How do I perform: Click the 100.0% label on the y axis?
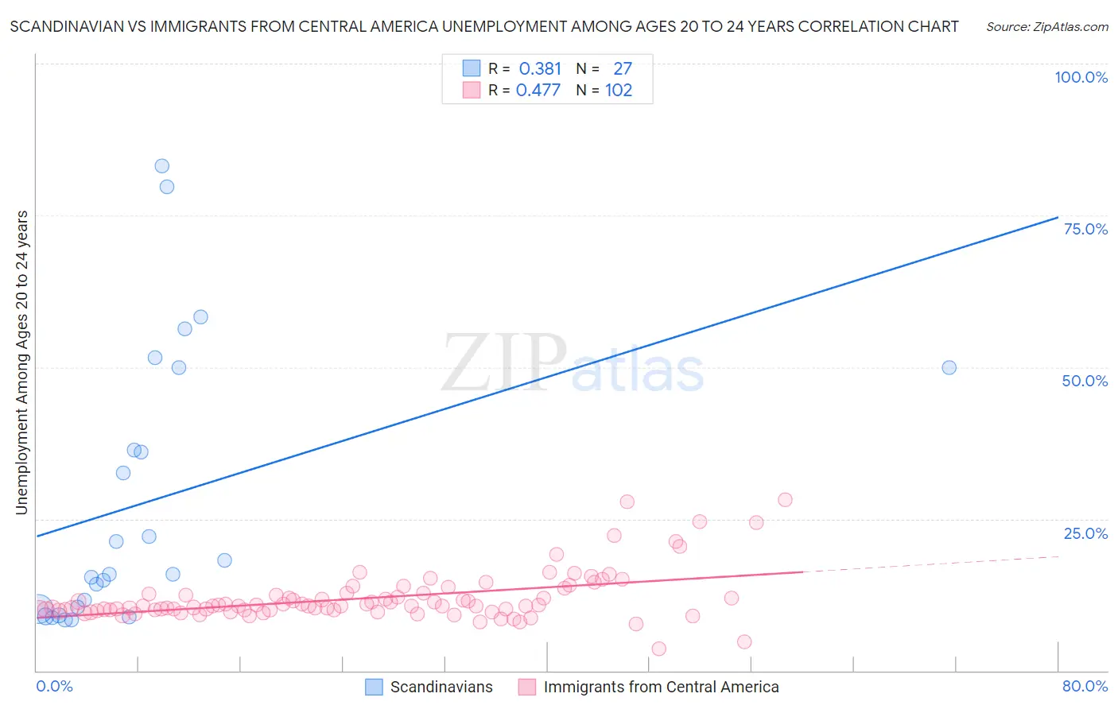tap(1081, 77)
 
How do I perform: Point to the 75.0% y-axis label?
tap(1085, 229)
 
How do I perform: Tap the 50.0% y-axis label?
tap(1085, 381)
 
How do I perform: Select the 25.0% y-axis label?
tap(1085, 533)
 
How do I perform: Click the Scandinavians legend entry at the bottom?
tap(441, 688)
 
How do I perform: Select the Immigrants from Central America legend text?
tap(661, 688)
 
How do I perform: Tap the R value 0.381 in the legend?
tap(540, 69)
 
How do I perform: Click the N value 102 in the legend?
tap(619, 91)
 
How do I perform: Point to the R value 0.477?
tap(538, 91)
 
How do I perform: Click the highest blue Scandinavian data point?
tap(161, 166)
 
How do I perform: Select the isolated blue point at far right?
tap(949, 367)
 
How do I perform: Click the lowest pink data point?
tap(658, 649)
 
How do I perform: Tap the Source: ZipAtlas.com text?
tap(1046, 27)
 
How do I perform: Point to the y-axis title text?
tap(21, 362)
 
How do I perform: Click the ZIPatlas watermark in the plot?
tap(573, 364)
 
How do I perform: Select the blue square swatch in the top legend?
tap(472, 68)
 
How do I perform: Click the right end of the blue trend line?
tap(1058, 217)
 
